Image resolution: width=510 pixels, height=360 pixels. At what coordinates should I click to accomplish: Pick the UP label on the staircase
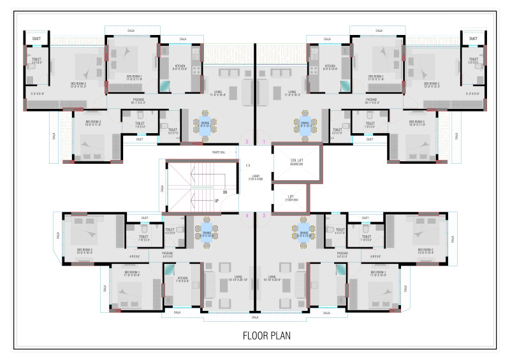point(216,201)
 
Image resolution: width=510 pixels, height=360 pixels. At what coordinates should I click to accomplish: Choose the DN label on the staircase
point(224,191)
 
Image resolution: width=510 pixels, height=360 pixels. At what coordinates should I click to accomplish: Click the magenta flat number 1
point(264,141)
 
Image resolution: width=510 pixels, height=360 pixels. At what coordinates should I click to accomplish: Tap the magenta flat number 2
point(247,141)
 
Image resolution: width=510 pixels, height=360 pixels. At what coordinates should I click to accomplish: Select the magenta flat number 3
point(264,216)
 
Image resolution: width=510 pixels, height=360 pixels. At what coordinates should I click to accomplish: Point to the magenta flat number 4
point(247,216)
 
